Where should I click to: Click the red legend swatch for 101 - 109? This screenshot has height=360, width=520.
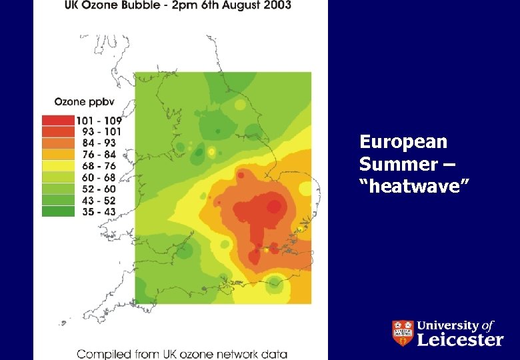pos(57,121)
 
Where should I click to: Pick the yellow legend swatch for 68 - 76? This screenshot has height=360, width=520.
pos(57,166)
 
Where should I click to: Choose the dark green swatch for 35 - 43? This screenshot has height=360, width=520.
pos(57,211)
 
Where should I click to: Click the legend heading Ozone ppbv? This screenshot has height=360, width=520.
pos(79,102)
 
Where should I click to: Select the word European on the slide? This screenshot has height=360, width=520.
pos(403,142)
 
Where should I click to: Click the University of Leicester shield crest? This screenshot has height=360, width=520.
pos(402,333)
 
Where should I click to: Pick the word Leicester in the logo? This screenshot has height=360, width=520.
pos(460,339)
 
